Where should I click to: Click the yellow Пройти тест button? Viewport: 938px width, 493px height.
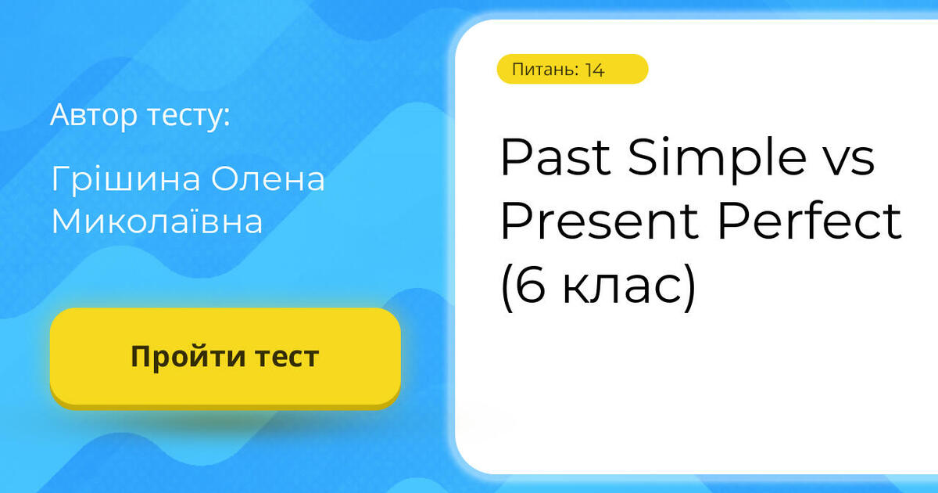pos(225,357)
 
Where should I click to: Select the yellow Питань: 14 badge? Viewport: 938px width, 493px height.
pos(572,69)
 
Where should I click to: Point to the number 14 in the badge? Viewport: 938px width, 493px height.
pos(594,70)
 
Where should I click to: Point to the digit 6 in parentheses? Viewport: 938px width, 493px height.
pos(532,287)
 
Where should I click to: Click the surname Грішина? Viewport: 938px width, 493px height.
pos(125,181)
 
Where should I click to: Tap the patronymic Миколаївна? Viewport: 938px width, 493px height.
pos(157,222)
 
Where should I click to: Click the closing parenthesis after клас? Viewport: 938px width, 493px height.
pos(688,288)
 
